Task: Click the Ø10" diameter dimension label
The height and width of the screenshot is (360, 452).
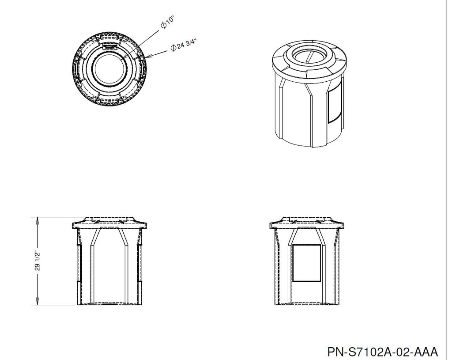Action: (x=167, y=23)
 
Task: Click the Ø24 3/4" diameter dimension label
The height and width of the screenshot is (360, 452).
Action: (x=183, y=45)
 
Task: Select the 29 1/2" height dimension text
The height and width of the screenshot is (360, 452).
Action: (x=38, y=261)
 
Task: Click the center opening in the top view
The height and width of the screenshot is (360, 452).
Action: (x=109, y=70)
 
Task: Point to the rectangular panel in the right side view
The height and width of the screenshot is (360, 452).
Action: (x=307, y=263)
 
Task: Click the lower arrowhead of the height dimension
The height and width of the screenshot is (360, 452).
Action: (x=37, y=302)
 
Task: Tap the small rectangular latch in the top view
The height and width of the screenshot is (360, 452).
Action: (x=110, y=46)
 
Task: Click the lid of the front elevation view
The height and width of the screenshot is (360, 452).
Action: (x=109, y=222)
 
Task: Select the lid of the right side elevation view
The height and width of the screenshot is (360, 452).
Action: (x=307, y=222)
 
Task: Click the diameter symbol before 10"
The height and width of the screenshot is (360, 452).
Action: (x=164, y=25)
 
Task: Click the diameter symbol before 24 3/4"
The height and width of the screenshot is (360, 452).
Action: (x=173, y=48)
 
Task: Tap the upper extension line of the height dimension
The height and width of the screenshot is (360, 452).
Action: (x=58, y=217)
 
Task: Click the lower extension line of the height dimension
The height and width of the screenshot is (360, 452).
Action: (x=53, y=305)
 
